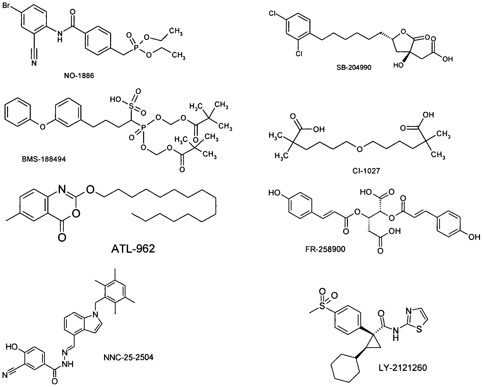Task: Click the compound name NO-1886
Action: pyautogui.click(x=79, y=75)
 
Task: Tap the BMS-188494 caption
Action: pyautogui.click(x=44, y=159)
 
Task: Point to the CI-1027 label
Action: pyautogui.click(x=366, y=171)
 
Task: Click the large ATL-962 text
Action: pyautogui.click(x=133, y=249)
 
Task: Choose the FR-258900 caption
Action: pyautogui.click(x=325, y=249)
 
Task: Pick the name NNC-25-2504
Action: pyautogui.click(x=128, y=357)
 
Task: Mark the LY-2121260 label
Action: pyautogui.click(x=402, y=368)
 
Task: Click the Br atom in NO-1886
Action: pyautogui.click(x=7, y=5)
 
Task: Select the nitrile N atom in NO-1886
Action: pyautogui.click(x=34, y=63)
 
